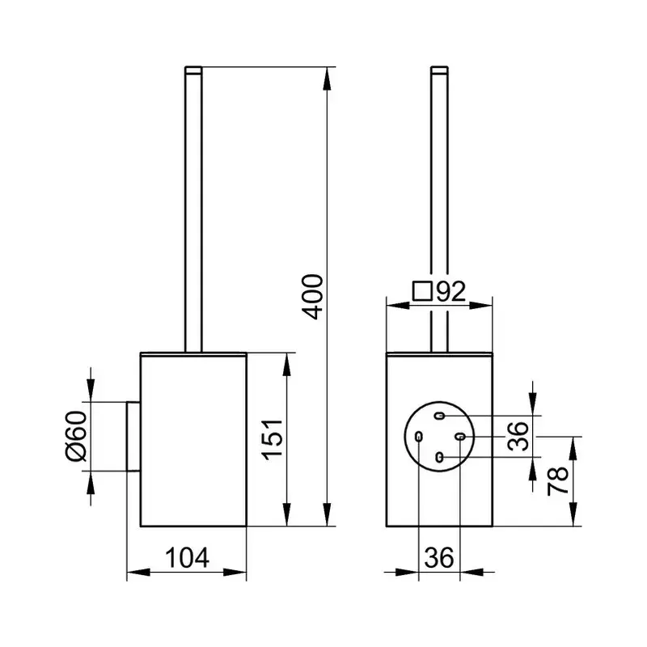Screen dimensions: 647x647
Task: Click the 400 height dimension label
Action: click(x=312, y=297)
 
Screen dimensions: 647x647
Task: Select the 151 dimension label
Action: click(x=273, y=439)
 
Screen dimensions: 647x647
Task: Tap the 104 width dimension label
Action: click(x=187, y=557)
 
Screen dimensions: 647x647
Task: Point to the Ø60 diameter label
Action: click(x=76, y=436)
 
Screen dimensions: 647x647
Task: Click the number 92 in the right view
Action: click(x=451, y=291)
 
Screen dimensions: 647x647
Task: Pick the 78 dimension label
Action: click(x=558, y=480)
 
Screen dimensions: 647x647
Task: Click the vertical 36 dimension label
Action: click(x=518, y=436)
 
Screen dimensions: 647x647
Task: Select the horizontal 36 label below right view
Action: click(x=439, y=557)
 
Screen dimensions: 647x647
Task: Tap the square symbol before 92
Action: click(x=422, y=291)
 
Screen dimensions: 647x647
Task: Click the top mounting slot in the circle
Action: click(x=440, y=416)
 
